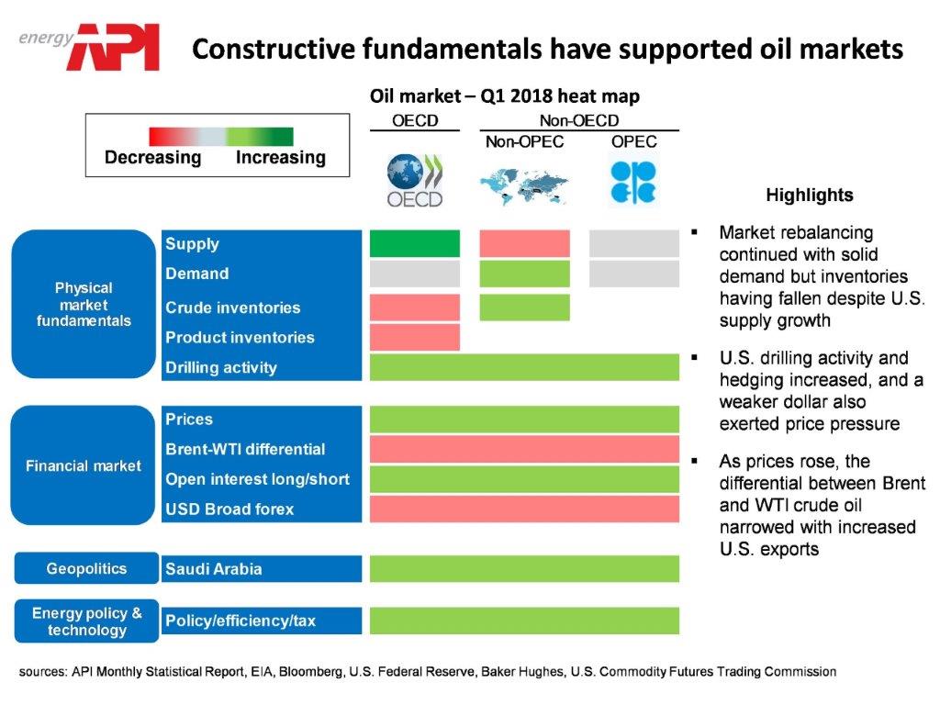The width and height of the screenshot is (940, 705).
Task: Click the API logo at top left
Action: tap(117, 46)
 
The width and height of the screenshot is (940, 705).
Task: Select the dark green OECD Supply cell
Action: tap(415, 243)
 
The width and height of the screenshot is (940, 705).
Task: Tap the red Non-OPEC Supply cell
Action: tap(524, 243)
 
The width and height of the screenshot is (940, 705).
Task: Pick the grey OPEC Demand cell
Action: tap(633, 274)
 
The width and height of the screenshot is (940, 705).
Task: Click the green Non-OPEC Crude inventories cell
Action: tap(524, 308)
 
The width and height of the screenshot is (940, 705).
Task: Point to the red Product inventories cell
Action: tap(415, 337)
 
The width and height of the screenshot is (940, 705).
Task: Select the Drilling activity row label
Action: tap(221, 367)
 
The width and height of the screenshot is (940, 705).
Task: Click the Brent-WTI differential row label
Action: tap(245, 449)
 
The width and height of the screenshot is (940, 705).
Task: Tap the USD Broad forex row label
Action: tap(229, 509)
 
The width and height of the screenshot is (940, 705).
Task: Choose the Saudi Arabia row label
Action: tap(214, 569)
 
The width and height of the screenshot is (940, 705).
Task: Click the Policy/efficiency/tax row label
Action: tap(241, 621)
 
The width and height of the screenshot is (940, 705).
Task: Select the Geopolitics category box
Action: tap(86, 569)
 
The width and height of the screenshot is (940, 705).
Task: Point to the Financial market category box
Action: tap(84, 465)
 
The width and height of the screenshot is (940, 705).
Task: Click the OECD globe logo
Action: tap(415, 181)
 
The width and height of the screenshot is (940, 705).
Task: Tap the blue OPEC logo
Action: tap(633, 181)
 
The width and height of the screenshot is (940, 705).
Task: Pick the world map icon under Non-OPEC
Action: tap(524, 185)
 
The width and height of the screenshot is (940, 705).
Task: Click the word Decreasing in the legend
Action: tap(152, 157)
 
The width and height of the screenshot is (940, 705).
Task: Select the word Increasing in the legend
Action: tap(280, 157)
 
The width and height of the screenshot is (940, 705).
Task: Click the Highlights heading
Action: tap(809, 195)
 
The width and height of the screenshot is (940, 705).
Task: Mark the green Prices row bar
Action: tap(524, 420)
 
